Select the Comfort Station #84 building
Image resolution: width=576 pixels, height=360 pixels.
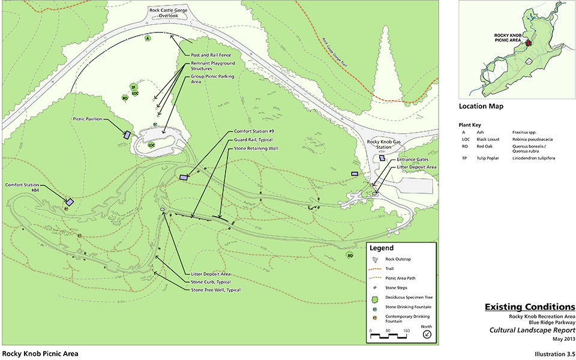click(70, 203)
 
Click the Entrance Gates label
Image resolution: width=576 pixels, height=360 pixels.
click(410, 160)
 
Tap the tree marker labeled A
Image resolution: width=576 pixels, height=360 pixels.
click(147, 38)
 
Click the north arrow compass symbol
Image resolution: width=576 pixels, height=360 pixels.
click(427, 335)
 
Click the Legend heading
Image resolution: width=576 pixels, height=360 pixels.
click(382, 248)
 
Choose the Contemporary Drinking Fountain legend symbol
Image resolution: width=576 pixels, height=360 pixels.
click(374, 317)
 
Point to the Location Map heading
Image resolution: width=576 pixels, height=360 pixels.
click(481, 106)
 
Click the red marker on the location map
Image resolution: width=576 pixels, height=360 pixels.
click(528, 43)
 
